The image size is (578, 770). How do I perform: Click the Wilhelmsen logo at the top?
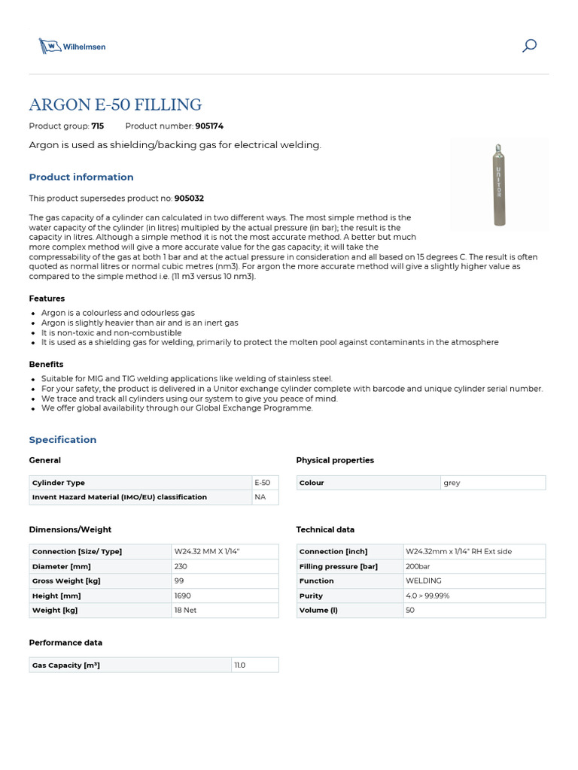(72, 46)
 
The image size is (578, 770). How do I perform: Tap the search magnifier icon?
(529, 46)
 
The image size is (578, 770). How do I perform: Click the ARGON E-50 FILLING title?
(115, 105)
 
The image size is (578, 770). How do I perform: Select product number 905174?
(209, 126)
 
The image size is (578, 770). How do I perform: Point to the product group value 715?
(97, 126)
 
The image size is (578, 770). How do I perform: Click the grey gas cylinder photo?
(497, 183)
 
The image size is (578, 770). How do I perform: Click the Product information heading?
(81, 177)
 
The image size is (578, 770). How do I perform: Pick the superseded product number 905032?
(189, 199)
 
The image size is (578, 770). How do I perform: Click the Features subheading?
(47, 299)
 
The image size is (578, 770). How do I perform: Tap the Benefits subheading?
(46, 365)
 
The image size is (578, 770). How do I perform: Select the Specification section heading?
(62, 440)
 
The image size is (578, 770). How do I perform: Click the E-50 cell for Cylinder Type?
(263, 483)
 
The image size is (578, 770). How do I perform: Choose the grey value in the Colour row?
(452, 483)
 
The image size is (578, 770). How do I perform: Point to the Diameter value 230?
(181, 566)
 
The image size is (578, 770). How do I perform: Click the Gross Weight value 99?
(178, 581)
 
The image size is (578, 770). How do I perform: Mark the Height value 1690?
(182, 596)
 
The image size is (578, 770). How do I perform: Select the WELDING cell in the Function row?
(423, 581)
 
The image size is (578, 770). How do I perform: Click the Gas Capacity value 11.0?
(240, 665)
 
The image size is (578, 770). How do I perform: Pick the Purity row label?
(311, 596)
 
